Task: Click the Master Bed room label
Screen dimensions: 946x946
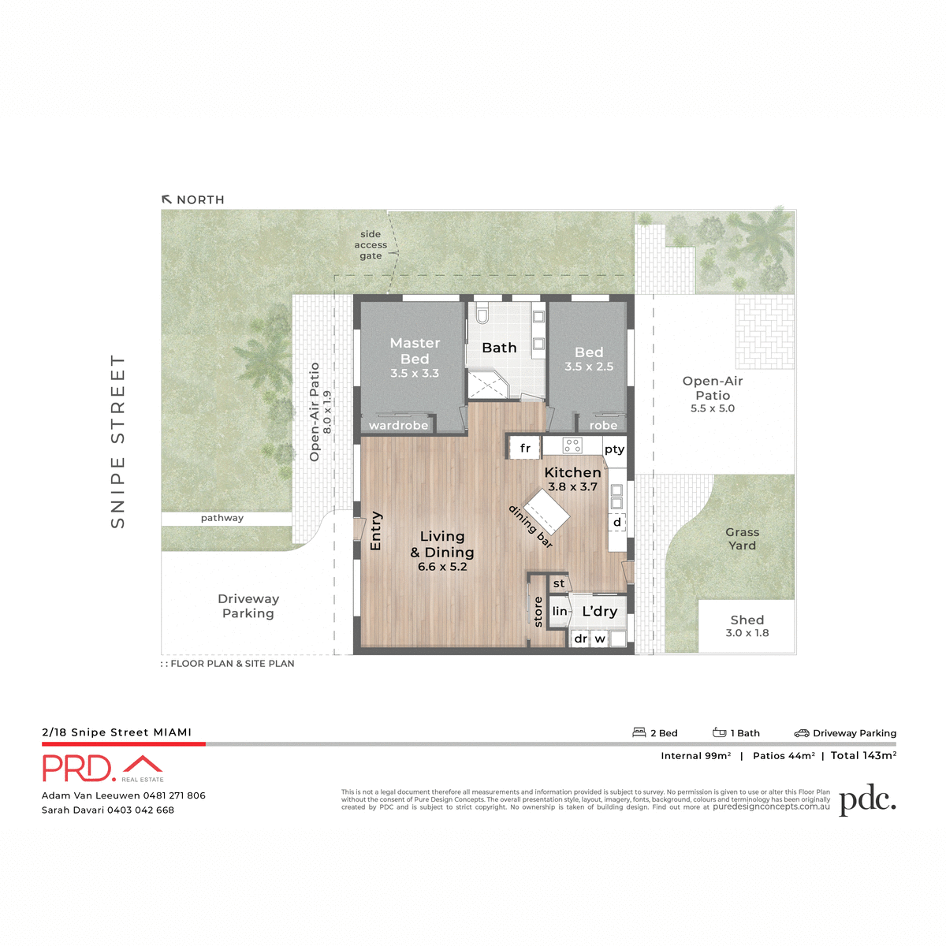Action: (415, 351)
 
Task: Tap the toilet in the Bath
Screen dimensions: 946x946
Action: (483, 316)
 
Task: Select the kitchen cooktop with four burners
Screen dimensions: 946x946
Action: (572, 446)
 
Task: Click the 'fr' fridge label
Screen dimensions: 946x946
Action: (525, 449)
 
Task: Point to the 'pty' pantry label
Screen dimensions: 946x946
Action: (614, 449)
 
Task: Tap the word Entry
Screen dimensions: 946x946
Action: (375, 531)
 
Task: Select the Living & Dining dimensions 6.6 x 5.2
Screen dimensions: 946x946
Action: (442, 567)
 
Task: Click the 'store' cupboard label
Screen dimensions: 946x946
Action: (538, 612)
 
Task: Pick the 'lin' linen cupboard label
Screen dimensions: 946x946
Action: (560, 612)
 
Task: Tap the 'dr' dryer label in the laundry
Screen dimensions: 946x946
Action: (580, 639)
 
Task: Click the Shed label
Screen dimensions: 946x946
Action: (747, 620)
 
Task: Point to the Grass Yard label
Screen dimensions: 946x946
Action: (742, 539)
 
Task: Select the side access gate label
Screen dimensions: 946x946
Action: (371, 245)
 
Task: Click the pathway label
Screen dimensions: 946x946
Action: (222, 518)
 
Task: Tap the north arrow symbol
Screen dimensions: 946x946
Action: (167, 199)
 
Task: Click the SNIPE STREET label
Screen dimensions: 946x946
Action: (118, 441)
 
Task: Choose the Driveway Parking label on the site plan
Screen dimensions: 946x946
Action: (248, 606)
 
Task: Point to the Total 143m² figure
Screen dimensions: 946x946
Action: (863, 755)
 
